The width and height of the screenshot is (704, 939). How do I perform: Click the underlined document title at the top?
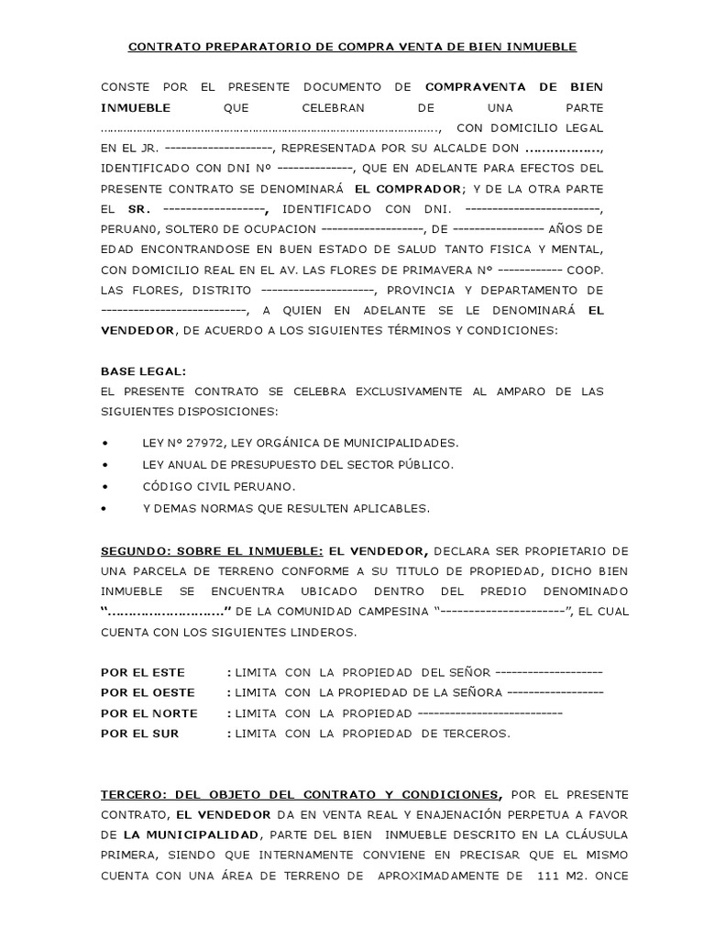click(352, 47)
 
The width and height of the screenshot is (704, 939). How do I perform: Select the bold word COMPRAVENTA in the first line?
click(475, 87)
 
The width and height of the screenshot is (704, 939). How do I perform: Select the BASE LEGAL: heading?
click(143, 370)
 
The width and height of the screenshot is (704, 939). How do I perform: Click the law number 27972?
click(194, 443)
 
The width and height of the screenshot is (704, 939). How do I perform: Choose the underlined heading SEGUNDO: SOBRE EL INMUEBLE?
click(212, 550)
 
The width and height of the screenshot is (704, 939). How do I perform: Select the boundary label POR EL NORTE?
click(149, 713)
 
